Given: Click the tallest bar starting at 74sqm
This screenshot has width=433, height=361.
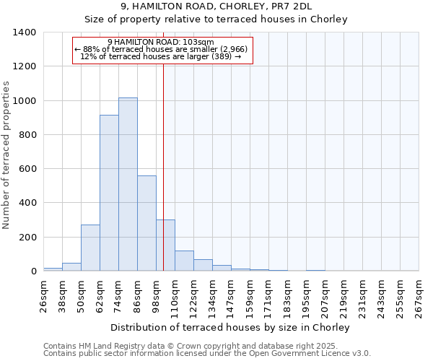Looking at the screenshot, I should [x=128, y=184].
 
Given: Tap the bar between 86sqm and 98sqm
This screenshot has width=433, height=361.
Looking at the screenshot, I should [x=146, y=223].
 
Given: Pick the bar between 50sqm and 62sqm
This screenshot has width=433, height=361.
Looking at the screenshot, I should [x=90, y=248].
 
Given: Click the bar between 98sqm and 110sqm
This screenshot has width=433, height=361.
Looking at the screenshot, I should [x=165, y=245].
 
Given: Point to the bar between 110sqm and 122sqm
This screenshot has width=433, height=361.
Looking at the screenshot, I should [x=184, y=261].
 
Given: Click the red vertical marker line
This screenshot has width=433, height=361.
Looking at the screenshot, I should [x=164, y=159].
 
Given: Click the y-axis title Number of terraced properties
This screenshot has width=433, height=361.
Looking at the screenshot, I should [x=6, y=155].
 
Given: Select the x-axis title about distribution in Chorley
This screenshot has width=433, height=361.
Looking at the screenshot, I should [x=231, y=327].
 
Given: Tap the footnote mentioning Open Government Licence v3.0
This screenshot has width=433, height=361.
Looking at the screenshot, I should [x=207, y=354].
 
